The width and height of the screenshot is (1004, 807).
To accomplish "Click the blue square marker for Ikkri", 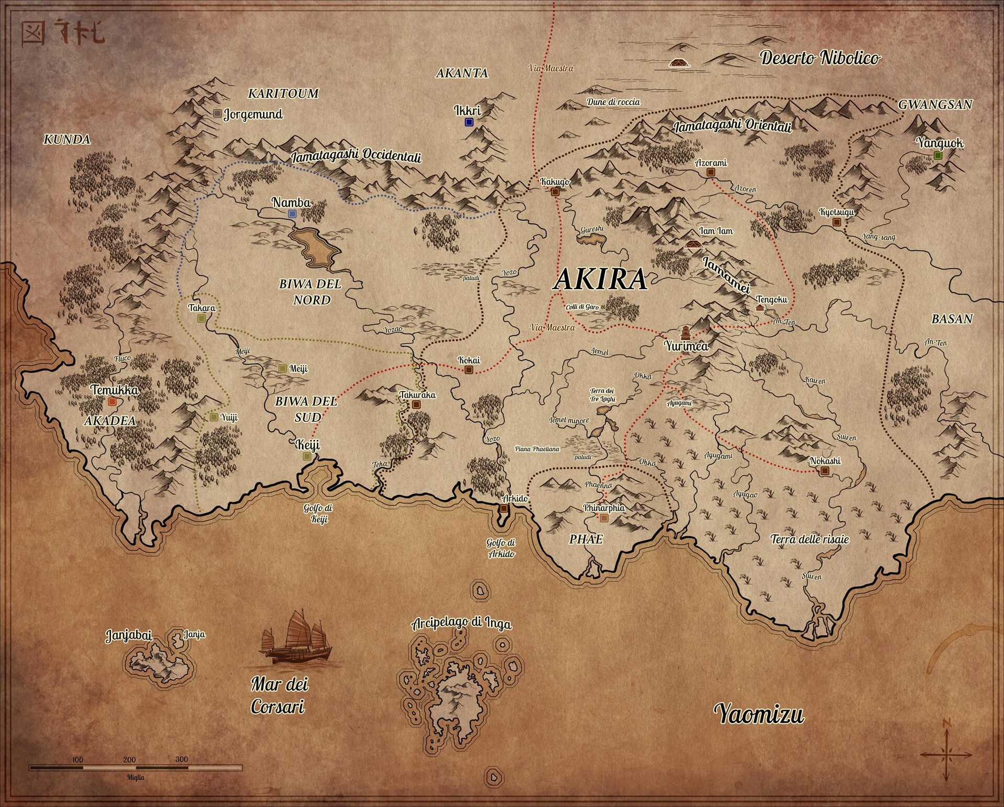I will [469, 122].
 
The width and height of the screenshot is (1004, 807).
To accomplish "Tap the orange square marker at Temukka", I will [111, 402].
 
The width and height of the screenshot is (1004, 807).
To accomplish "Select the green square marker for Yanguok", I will [938, 155].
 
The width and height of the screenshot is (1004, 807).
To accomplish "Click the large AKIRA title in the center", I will [600, 279].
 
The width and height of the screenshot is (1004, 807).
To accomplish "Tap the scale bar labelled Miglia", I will [135, 768].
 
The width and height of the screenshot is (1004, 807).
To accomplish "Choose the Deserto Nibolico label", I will [819, 57].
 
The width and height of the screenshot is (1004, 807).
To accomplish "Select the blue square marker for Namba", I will [292, 214].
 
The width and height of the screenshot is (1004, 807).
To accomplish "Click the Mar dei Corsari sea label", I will [279, 695].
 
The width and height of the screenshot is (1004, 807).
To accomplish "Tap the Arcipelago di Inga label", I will [461, 623].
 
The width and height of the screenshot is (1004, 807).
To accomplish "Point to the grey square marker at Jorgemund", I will [218, 113].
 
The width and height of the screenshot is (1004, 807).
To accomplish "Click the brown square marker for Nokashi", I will [825, 471].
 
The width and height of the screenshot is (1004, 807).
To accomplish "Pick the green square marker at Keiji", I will [307, 456].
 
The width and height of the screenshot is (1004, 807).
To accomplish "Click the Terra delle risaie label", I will [809, 539].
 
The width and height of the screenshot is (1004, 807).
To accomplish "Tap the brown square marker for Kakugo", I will [555, 191].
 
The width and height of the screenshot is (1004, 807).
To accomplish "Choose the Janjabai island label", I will [129, 636].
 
